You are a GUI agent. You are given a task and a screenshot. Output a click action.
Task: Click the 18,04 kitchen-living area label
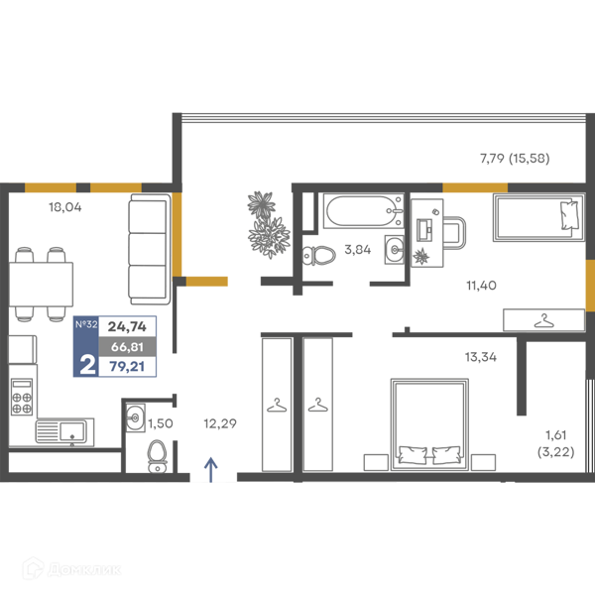64,207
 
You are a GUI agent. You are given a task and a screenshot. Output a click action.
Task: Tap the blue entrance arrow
211,470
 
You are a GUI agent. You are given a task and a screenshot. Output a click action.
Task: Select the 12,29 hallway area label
220,423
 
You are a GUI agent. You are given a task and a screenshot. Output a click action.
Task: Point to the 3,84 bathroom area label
357,249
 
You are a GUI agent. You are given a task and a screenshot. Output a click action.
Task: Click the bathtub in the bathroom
363,210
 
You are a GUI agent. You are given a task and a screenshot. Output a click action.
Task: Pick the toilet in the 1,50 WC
157,456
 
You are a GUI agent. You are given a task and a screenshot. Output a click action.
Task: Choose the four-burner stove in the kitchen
22,397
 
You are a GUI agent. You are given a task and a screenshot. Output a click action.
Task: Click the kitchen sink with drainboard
64,430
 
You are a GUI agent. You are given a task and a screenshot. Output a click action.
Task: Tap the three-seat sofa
150,249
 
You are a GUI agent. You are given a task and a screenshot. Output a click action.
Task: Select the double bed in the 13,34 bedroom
429,424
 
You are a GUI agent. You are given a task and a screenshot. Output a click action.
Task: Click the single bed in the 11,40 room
538,217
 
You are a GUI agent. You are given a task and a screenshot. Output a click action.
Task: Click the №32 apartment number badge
86,324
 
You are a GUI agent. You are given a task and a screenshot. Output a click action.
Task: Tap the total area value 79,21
127,367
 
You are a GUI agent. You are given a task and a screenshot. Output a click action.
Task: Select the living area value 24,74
127,326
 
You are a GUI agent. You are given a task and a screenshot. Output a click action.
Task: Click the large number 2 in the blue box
87,365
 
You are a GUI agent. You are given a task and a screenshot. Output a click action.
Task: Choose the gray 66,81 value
127,346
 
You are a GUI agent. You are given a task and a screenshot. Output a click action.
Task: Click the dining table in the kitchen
41,284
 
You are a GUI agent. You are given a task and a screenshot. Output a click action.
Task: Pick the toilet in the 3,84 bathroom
318,256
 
